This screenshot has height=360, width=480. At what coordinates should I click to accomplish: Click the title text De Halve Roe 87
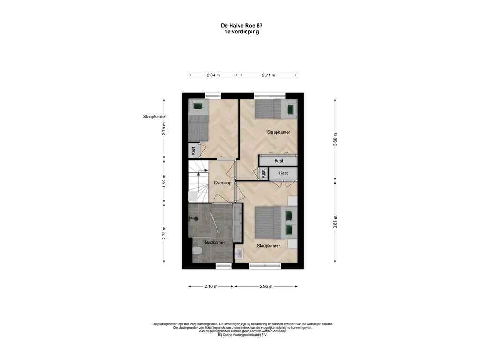241,26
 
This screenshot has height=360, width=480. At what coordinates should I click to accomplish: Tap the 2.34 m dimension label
213,75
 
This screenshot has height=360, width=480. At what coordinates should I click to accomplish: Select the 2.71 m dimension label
269,75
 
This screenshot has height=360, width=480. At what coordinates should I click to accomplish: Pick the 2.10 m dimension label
211,286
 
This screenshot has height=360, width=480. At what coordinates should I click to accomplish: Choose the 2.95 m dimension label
266,286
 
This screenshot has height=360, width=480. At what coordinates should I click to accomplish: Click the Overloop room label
222,183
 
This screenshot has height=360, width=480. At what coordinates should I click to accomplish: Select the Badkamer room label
215,242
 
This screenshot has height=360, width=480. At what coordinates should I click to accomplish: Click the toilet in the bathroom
197,251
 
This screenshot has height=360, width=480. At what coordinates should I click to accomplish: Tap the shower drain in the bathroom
196,218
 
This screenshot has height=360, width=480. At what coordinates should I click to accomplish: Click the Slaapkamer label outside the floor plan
155,117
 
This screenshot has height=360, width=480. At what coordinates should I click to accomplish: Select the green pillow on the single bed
198,106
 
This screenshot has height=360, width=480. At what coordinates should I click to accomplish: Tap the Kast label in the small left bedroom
193,151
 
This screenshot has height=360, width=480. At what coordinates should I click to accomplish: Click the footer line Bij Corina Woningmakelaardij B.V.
243,335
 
